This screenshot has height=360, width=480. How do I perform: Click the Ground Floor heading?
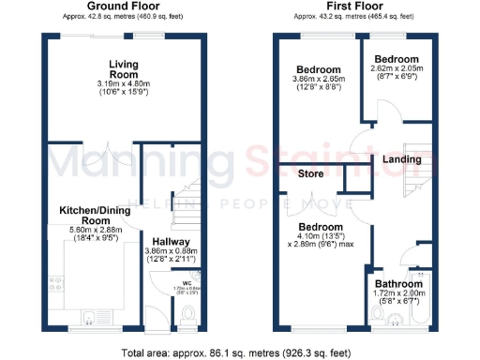click(x=122, y=7)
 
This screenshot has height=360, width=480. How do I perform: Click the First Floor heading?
click(x=352, y=7)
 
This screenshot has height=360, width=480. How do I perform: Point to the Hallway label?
click(x=172, y=240)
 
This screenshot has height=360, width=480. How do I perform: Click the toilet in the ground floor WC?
click(x=187, y=312)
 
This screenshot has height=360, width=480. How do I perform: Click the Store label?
click(x=310, y=173)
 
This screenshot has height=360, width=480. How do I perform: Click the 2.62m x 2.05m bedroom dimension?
click(x=397, y=69)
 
